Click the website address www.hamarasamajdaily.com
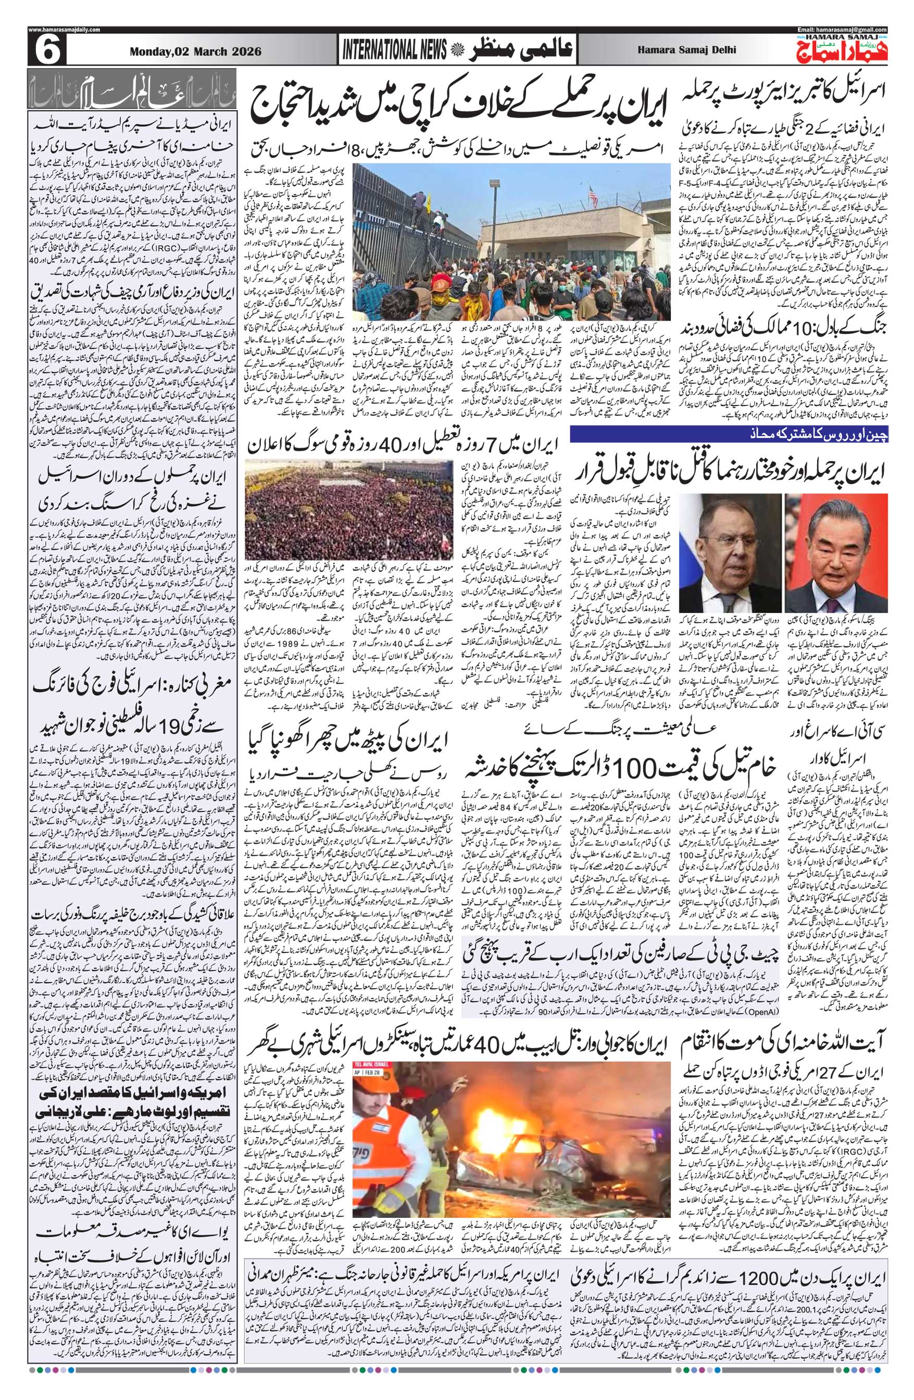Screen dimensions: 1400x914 click(x=64, y=30)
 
